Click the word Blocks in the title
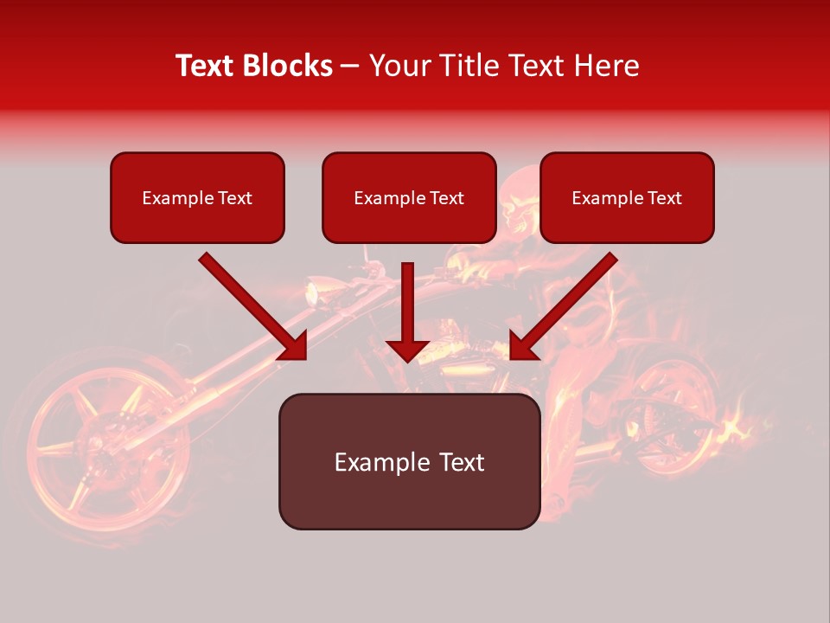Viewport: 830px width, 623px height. [x=290, y=66]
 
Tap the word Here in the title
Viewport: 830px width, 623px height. [x=606, y=66]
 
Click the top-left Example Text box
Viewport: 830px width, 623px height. [x=197, y=198]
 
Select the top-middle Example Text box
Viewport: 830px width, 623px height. [x=409, y=198]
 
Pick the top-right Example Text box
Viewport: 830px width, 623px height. [x=627, y=198]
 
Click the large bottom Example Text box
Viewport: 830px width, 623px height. [x=409, y=462]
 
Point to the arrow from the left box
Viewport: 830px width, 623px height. [x=252, y=306]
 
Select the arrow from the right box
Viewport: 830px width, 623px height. [x=564, y=306]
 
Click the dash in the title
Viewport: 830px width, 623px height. [x=350, y=66]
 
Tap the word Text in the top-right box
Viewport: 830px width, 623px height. [x=664, y=198]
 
